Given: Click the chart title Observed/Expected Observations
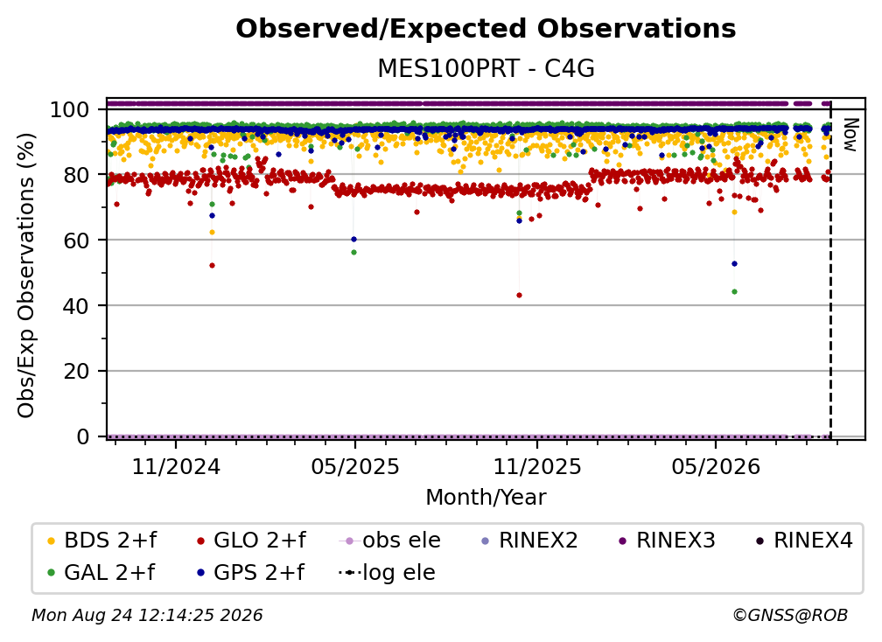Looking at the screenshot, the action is [486, 29].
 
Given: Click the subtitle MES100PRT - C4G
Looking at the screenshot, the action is [486, 69].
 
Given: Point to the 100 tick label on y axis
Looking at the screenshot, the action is [69, 109].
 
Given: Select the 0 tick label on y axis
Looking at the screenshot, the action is [83, 436].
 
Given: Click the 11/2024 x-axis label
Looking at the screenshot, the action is [176, 466].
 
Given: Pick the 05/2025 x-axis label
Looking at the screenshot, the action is [355, 466].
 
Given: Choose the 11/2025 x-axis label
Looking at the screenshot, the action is [537, 466].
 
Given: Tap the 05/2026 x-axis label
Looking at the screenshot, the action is [716, 466].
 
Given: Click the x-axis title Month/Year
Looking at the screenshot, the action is [486, 498].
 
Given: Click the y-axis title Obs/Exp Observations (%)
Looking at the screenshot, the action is [26, 275].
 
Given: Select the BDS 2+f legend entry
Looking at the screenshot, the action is [101, 541].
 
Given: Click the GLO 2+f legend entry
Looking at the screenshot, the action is [251, 541].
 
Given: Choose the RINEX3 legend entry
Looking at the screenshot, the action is [667, 541].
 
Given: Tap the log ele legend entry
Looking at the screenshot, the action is [387, 573].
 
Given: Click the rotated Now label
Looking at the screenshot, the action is [850, 135].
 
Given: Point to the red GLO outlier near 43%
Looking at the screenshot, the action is [519, 295].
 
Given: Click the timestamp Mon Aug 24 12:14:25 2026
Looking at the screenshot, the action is [147, 616].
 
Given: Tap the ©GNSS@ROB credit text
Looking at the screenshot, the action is [790, 616].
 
